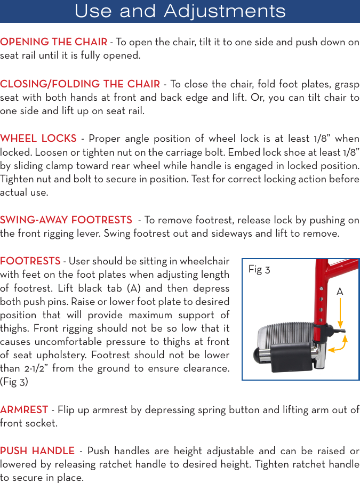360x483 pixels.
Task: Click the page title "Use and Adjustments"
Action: tap(180, 11)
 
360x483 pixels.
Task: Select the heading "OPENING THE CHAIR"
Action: tap(53, 42)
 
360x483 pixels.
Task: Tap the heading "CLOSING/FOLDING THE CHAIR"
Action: tap(80, 84)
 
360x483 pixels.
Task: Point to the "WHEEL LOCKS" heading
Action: tap(38, 139)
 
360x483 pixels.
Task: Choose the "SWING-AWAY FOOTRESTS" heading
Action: tap(66, 220)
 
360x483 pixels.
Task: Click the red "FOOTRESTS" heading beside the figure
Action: tap(30, 261)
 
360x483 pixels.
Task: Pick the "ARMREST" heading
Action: tap(24, 410)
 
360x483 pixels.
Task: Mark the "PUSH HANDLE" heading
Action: tap(37, 451)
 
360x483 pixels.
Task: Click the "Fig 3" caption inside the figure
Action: tap(259, 270)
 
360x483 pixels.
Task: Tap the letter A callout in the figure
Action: tap(339, 292)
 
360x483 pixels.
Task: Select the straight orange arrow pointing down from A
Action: tap(340, 315)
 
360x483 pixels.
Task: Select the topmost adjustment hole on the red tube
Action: tap(321, 288)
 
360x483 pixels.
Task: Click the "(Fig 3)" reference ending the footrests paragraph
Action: tap(14, 382)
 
